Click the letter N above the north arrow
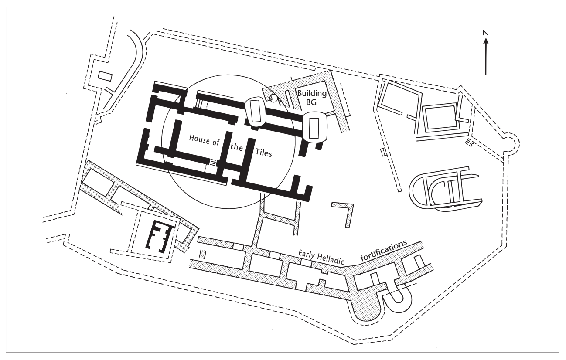click(x=485, y=33)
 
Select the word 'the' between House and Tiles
click(x=236, y=147)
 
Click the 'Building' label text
click(x=312, y=93)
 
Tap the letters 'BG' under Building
click(x=311, y=102)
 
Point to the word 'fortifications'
click(x=384, y=251)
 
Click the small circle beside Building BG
click(x=273, y=98)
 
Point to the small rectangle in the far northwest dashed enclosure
click(x=105, y=76)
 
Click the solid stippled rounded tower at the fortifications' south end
click(x=366, y=307)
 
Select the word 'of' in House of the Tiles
click(x=215, y=143)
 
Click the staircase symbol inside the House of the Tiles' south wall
click(x=214, y=163)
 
